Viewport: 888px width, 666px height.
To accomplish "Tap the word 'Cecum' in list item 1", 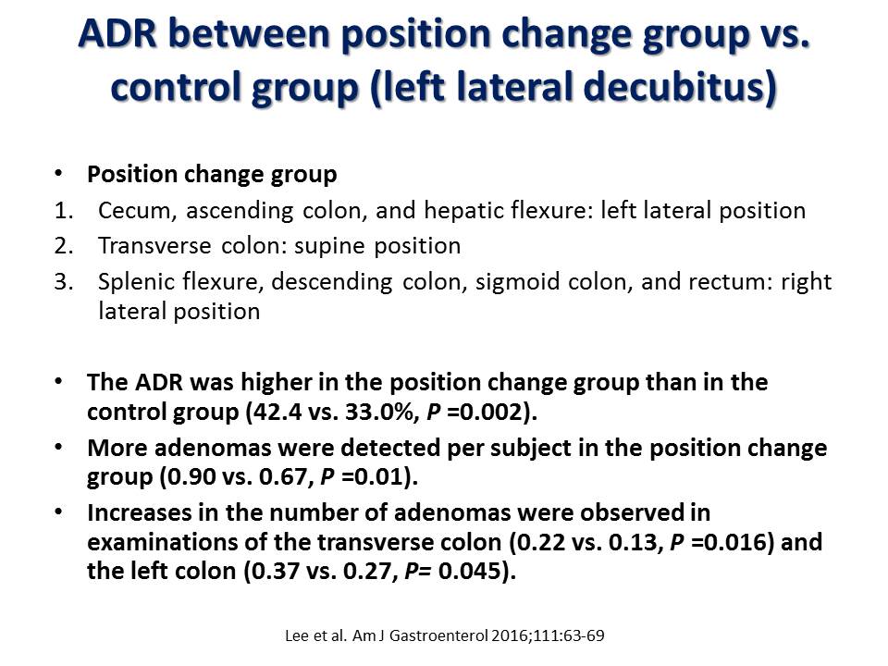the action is (x=133, y=211).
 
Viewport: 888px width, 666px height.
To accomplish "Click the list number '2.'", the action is (x=64, y=246).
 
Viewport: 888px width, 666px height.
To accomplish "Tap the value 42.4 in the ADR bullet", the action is (x=277, y=413).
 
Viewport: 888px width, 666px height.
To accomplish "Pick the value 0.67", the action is (x=283, y=477).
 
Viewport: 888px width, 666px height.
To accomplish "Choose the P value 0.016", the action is (x=734, y=543).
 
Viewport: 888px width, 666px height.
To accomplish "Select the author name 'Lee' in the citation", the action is (x=297, y=636).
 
